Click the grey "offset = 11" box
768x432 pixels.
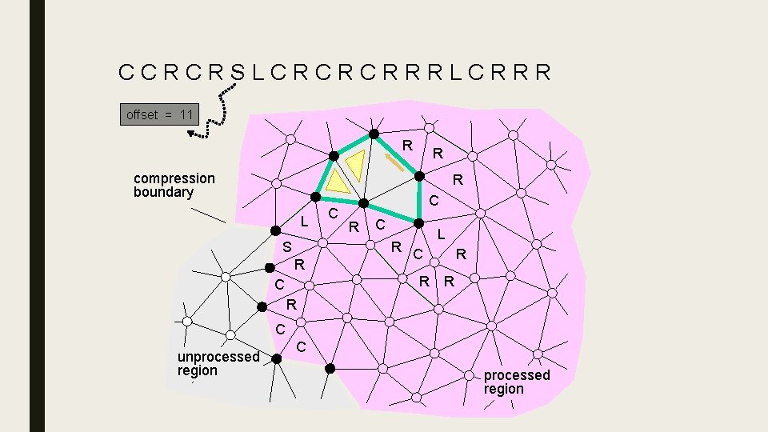(x=158, y=114)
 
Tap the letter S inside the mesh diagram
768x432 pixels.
(x=286, y=246)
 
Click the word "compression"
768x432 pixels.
(x=174, y=178)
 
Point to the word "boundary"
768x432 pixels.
(x=164, y=192)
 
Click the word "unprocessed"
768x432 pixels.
(x=218, y=357)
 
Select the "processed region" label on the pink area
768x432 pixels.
(x=517, y=382)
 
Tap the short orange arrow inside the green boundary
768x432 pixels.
(x=393, y=163)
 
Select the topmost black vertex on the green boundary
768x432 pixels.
(x=373, y=134)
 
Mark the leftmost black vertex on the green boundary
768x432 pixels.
(x=317, y=197)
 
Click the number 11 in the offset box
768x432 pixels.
(x=186, y=114)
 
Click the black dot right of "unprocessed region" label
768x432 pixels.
(x=276, y=359)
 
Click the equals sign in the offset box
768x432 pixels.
(x=169, y=114)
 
